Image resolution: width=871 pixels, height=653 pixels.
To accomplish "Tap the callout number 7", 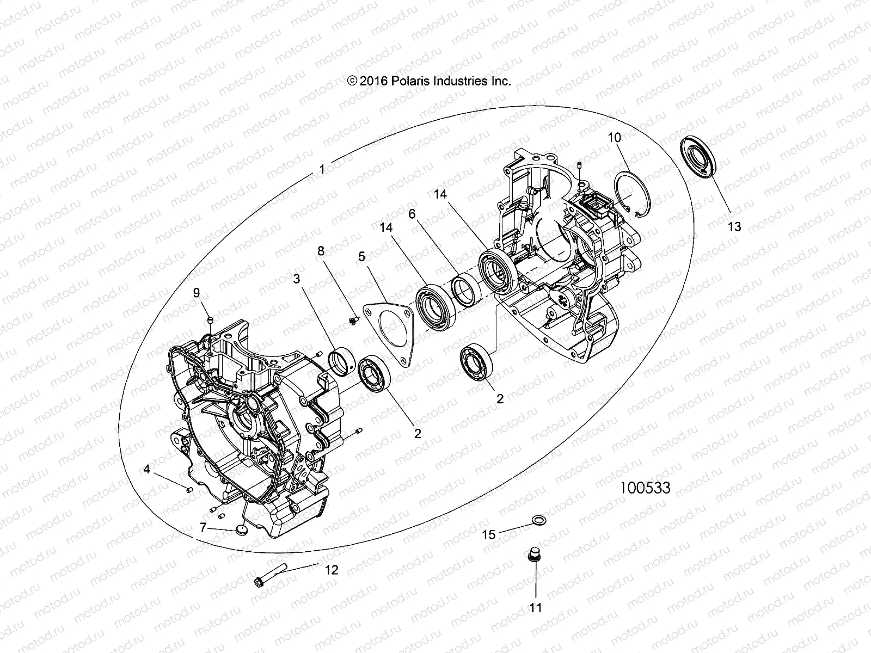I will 203,527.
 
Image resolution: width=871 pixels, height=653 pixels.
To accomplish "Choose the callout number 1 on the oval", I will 322,170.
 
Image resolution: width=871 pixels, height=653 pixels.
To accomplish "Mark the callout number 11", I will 536,607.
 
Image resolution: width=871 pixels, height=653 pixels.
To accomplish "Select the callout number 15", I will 489,534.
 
